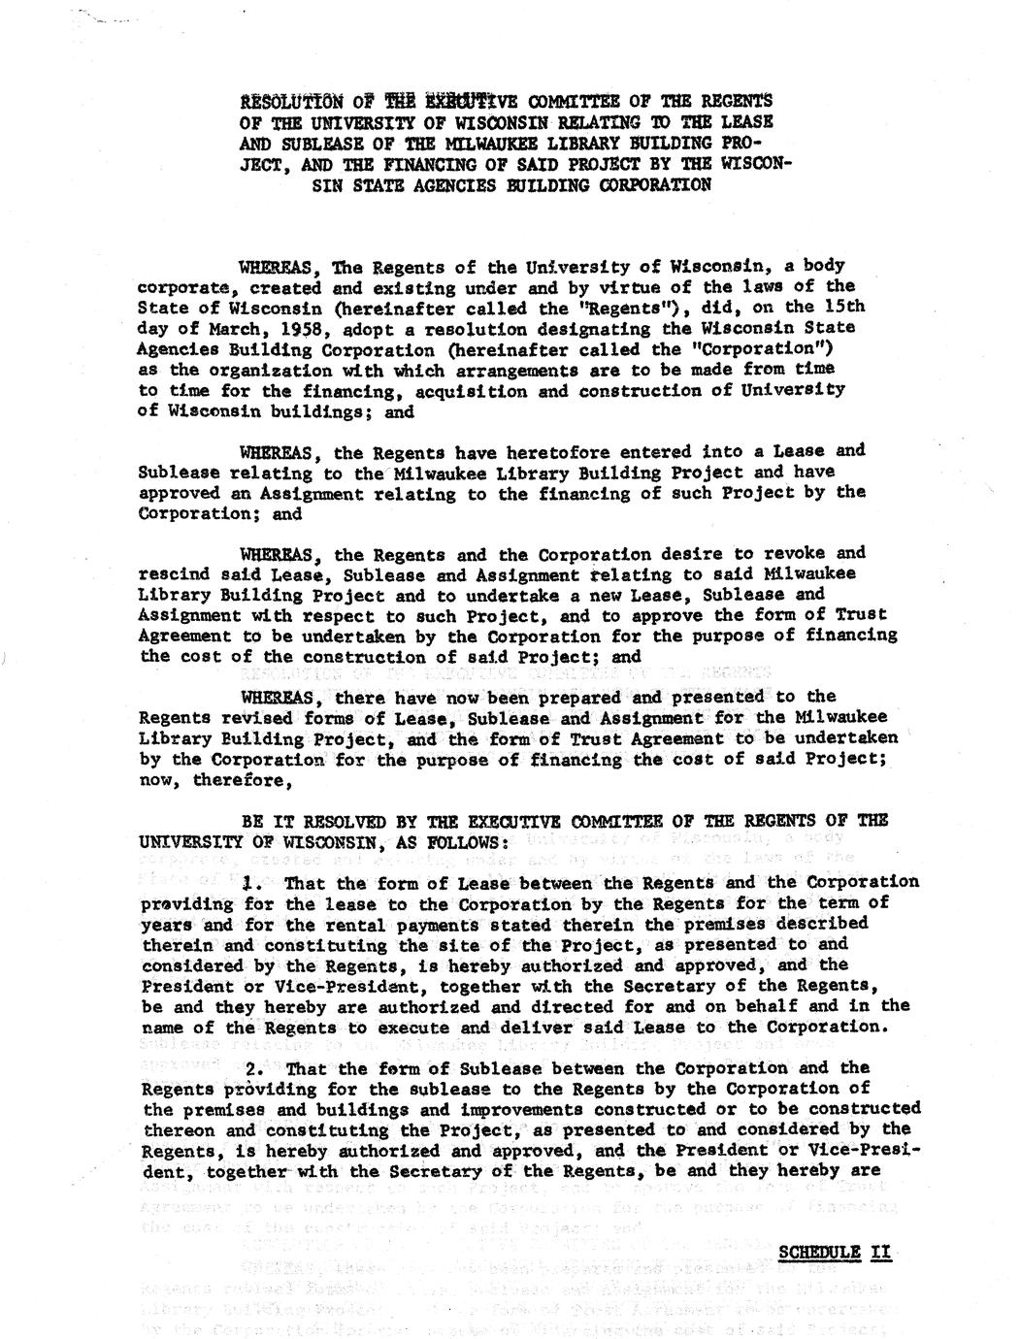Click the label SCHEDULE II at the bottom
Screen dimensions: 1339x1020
coord(835,1252)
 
